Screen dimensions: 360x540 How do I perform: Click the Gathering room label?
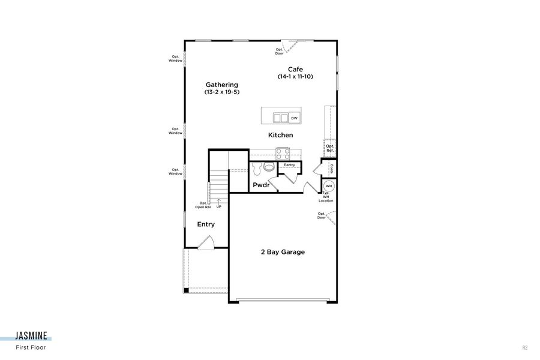221,85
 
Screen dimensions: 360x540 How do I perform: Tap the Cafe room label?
295,69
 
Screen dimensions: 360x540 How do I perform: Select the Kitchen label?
280,135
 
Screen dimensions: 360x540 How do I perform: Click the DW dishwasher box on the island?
295,118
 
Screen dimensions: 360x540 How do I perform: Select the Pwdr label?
260,185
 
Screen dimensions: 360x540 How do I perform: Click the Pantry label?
289,164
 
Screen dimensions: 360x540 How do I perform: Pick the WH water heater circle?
329,185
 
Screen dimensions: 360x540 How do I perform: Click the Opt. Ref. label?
330,148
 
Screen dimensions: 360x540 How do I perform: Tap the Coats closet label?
331,169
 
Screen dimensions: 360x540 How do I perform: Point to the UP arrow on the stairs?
218,202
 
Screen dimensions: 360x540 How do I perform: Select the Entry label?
206,224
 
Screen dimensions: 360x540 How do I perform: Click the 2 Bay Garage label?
282,252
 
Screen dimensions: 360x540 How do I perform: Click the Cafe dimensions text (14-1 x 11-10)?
295,77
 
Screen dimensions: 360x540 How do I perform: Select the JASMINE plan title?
33,338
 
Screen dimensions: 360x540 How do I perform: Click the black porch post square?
187,290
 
